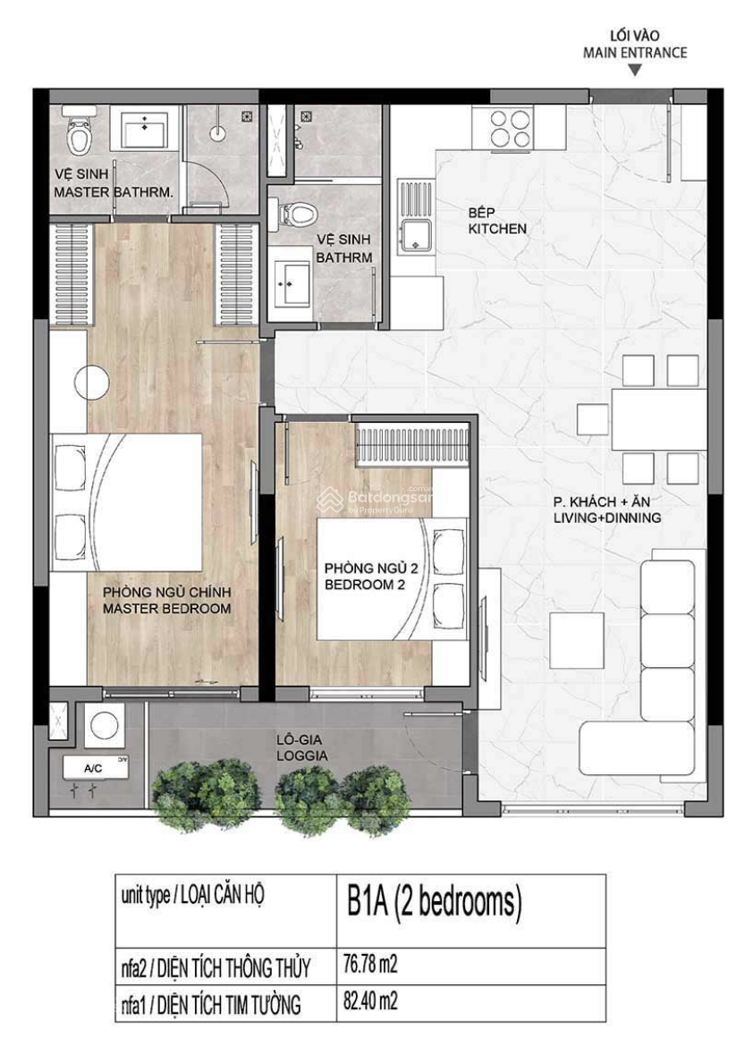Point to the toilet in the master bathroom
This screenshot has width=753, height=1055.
tap(80, 133)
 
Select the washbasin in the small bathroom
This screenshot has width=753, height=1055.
tap(292, 283)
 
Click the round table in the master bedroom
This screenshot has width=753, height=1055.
tap(92, 384)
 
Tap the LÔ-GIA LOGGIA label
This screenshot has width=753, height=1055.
tap(301, 747)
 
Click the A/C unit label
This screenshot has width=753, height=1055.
tap(93, 768)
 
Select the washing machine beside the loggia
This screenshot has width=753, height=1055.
tap(107, 725)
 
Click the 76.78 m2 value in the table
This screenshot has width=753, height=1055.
tap(370, 966)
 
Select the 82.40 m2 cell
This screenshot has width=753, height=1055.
tap(370, 1002)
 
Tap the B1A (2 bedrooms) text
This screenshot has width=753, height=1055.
tap(434, 904)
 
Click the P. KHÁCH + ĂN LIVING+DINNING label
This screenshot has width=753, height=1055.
tap(606, 511)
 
